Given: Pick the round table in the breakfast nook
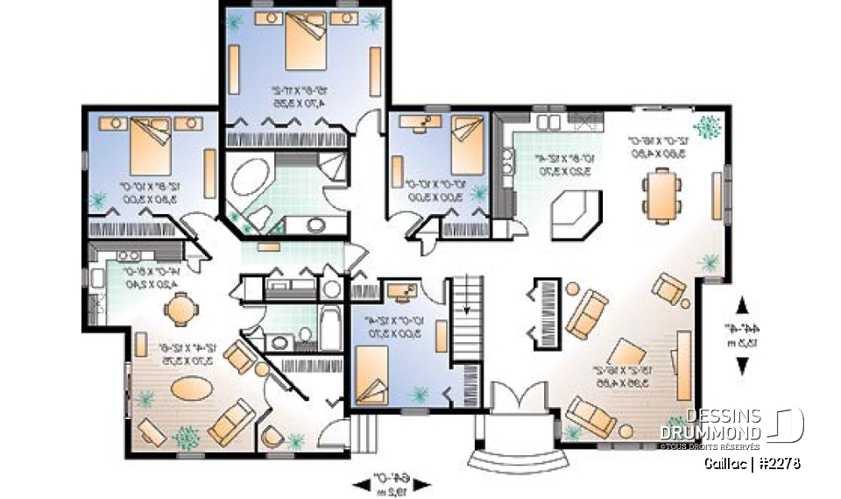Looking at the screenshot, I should (x=179, y=310).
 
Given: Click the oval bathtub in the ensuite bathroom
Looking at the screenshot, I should (x=251, y=180).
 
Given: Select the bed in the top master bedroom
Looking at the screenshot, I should (x=303, y=41).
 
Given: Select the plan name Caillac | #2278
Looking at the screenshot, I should (x=751, y=463).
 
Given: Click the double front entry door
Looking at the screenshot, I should (x=515, y=397).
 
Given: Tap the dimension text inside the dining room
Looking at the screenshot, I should (x=662, y=146).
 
